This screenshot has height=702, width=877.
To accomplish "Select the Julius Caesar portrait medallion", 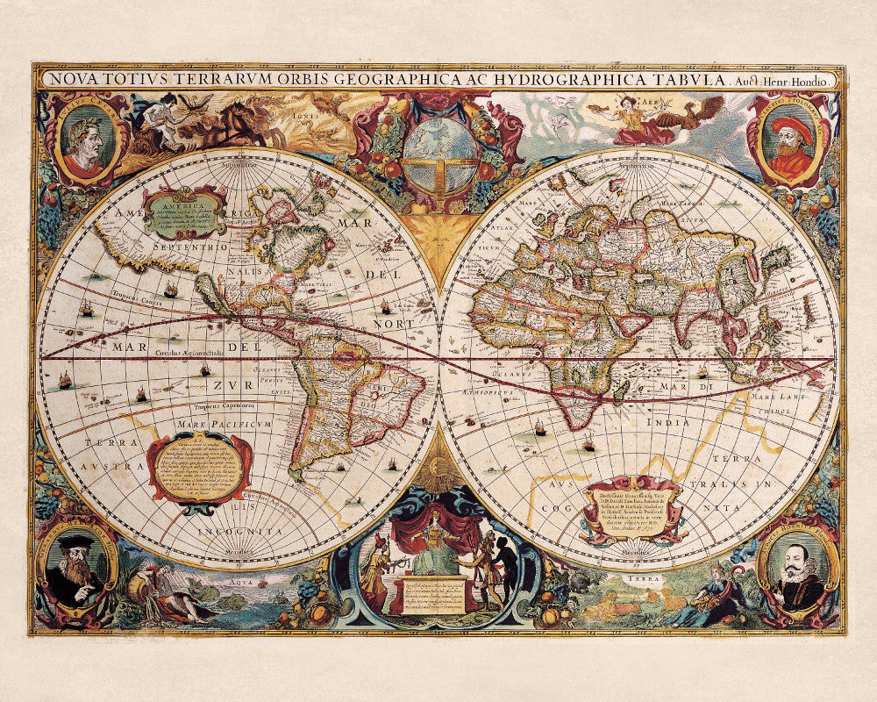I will click(x=87, y=139).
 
